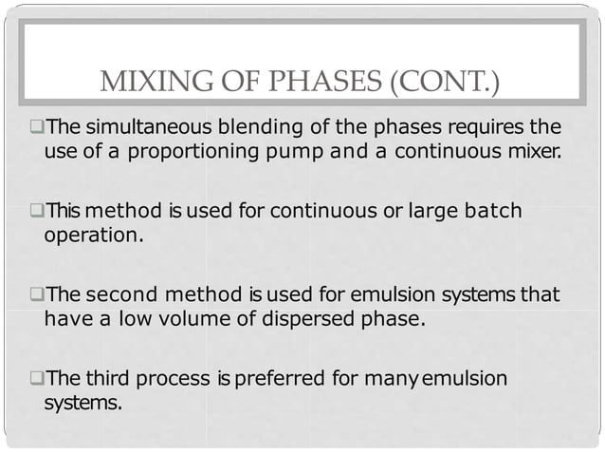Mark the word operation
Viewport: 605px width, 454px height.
[93, 234]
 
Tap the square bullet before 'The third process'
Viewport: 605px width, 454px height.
[36, 379]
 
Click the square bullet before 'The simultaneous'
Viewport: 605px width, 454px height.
[36, 128]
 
